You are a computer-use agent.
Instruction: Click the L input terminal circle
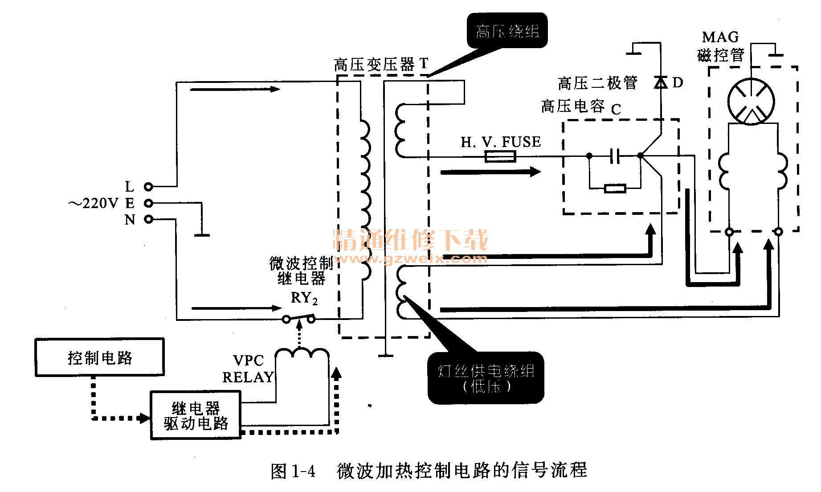[x=148, y=187]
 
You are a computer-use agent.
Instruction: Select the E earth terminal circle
[x=148, y=203]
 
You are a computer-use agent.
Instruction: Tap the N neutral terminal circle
[x=148, y=219]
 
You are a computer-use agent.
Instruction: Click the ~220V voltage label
[x=93, y=204]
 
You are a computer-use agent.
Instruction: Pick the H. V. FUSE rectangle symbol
[x=500, y=156]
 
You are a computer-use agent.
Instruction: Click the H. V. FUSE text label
[x=501, y=142]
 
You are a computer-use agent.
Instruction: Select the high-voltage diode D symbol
[x=660, y=82]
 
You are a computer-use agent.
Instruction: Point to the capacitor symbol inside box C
[x=615, y=156]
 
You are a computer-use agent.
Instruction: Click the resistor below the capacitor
[x=615, y=189]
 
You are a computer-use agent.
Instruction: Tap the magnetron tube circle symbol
[x=751, y=102]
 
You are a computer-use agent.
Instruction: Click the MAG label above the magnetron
[x=720, y=37]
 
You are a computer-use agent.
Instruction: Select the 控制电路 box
[x=100, y=357]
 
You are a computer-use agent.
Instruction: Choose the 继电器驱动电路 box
[x=196, y=415]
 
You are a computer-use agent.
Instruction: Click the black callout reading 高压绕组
[x=507, y=31]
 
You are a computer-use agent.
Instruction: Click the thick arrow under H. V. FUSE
[x=490, y=172]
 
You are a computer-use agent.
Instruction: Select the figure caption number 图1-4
[x=293, y=471]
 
